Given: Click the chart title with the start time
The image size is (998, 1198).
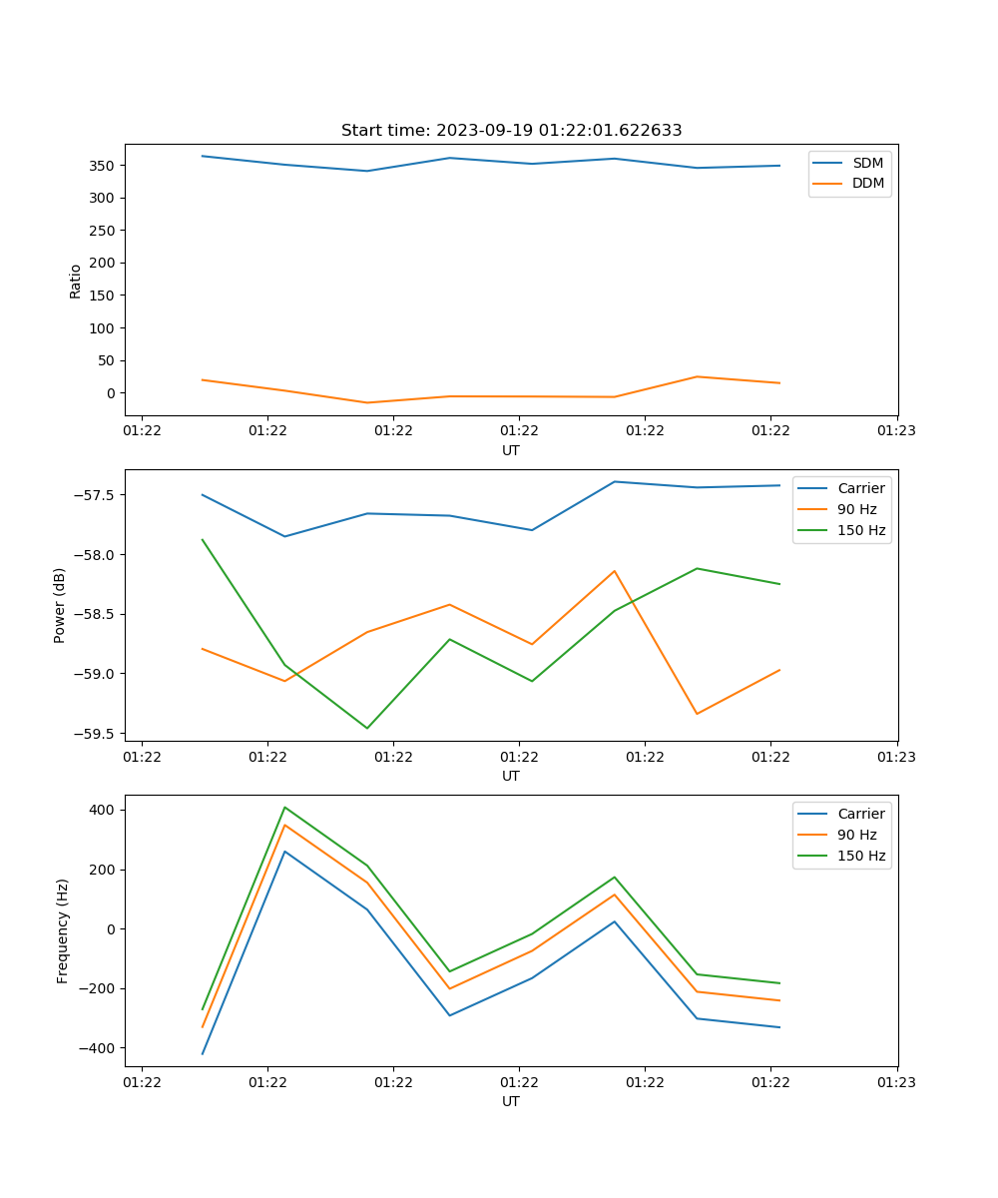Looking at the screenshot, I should click(511, 131).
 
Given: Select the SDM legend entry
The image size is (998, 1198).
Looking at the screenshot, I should click(867, 162).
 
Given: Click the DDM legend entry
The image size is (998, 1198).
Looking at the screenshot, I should click(867, 183).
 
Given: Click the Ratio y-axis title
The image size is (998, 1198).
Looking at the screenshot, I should click(76, 282).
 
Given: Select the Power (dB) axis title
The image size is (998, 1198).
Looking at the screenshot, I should click(60, 605).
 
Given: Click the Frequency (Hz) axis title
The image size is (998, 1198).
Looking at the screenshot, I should click(63, 930).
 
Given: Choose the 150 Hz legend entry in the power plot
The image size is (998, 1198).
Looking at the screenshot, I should click(861, 530).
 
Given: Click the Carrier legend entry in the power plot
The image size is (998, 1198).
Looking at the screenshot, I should click(860, 488).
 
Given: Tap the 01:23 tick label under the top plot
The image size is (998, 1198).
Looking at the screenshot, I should click(897, 431).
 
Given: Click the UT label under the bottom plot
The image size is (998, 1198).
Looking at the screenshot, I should click(511, 1101).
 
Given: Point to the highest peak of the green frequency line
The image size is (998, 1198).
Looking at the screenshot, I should click(284, 807).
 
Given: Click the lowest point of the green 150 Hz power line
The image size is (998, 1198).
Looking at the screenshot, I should click(367, 728).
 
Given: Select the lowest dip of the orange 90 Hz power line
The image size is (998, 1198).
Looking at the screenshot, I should click(697, 714).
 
